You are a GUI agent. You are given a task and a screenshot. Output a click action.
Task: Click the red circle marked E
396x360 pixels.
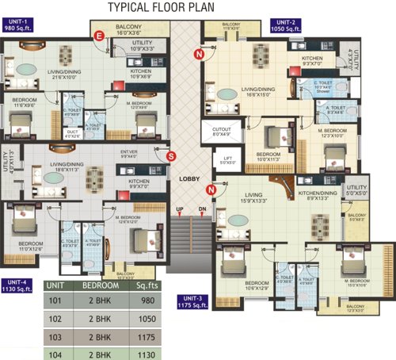point(99,36)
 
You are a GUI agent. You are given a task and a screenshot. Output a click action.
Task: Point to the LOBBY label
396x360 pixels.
point(188,179)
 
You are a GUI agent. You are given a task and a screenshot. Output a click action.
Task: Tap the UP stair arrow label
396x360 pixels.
point(179,209)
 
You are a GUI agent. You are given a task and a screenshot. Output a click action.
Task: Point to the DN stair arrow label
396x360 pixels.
point(201,209)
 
